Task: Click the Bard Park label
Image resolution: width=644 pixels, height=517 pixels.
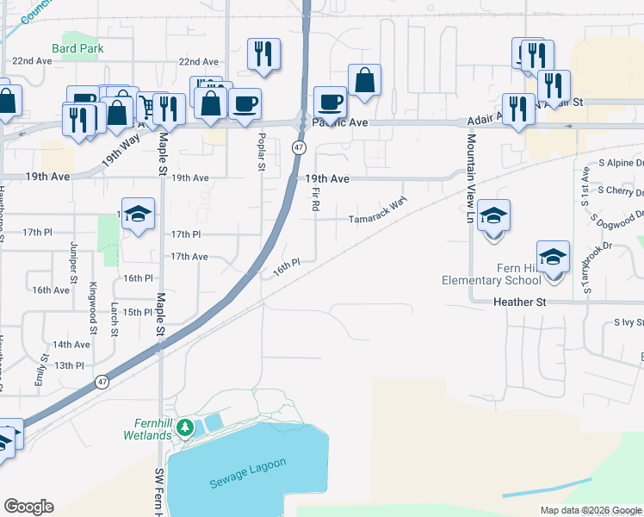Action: point(77,49)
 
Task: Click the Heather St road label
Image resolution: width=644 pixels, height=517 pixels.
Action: point(520,302)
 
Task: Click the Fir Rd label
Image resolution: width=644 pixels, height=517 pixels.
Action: point(316,201)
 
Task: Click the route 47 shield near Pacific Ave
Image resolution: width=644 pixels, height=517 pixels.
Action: point(297,147)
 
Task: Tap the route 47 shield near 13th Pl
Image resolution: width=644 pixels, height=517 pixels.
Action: point(102,381)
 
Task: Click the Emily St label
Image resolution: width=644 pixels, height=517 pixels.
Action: point(40,368)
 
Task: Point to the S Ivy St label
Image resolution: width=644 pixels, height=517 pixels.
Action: point(629,322)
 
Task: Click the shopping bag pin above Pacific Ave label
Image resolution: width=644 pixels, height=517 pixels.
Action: point(365,81)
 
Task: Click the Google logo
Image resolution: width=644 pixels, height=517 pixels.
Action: point(28,507)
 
